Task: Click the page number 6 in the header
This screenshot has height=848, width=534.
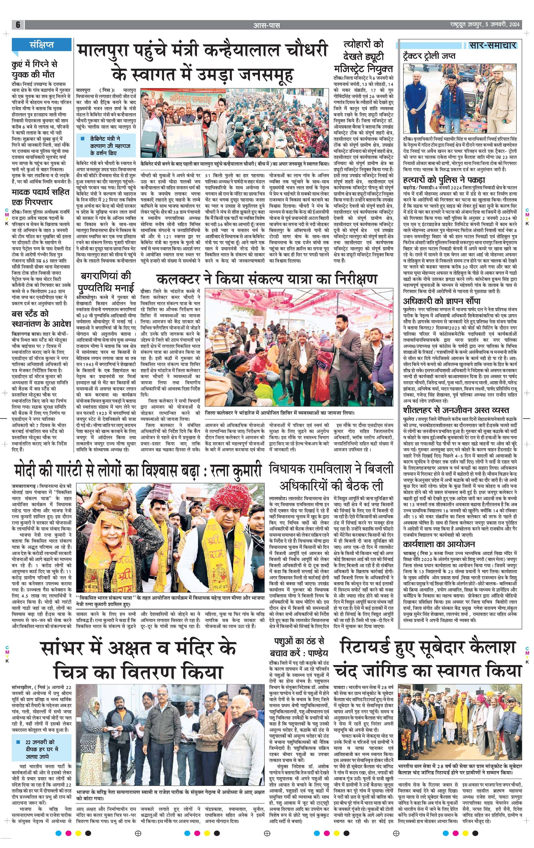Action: [x=18, y=25]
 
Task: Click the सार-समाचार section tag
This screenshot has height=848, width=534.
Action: [x=492, y=45]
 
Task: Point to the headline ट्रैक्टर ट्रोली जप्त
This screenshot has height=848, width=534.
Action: [x=429, y=56]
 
